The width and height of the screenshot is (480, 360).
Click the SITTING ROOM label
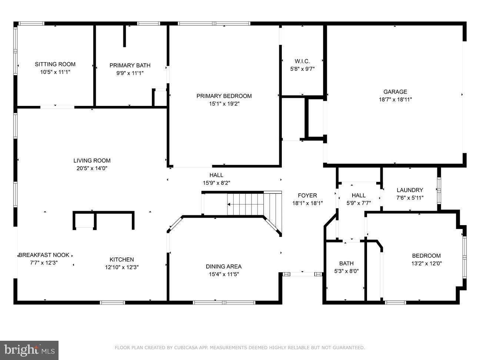pos(55,64)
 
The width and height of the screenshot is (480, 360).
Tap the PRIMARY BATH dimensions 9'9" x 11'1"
pos(130,73)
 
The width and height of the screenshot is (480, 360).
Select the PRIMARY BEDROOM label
pos(224,96)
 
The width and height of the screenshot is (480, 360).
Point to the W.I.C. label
pos(302,61)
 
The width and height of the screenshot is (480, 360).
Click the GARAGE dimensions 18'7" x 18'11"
pos(396,100)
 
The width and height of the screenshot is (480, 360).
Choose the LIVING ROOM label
pos(92,161)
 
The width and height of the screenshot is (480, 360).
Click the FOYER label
pos(307,196)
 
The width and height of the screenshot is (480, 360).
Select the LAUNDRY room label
pos(410,190)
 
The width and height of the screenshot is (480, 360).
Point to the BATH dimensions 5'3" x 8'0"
pos(346,271)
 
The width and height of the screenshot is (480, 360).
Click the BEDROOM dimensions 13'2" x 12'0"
pos(426,263)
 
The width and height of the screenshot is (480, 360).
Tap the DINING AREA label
pos(224,266)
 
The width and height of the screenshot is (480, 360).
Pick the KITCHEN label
pos(121,260)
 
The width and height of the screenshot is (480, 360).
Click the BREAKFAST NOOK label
pos(44,255)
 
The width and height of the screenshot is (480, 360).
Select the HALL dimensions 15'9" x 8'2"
pos(217,183)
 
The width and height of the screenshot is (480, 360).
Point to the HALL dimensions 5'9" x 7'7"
pos(359,203)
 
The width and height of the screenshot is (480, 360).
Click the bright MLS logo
pos(29,350)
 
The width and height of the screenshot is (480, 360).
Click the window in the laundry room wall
pos(439,191)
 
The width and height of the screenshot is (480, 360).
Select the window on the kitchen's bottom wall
pos(112,303)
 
